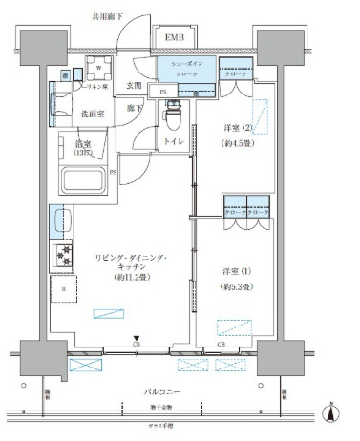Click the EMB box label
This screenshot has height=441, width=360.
click(175, 37)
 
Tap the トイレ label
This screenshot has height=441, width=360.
click(174, 141)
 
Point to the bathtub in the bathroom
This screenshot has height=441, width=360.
click(84, 179)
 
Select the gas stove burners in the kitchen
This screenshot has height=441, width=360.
click(64, 255)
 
